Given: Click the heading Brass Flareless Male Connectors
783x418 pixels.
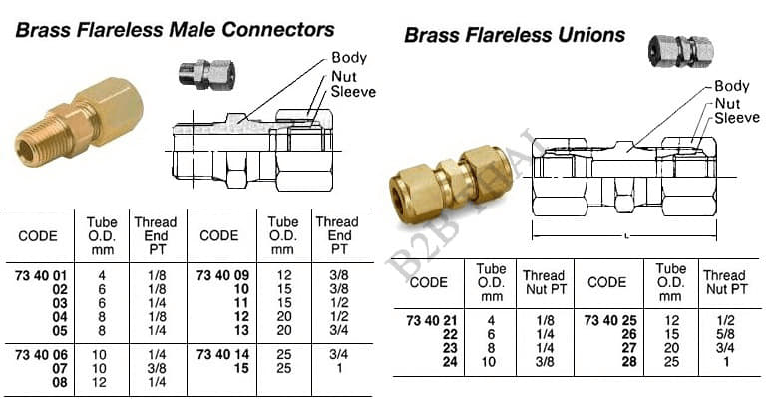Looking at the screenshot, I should tap(176, 30).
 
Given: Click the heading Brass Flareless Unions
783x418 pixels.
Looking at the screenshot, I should tap(514, 36).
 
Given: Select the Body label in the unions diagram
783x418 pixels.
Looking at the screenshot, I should tap(731, 87).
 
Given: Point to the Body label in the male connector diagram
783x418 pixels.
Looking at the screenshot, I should tap(349, 59).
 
